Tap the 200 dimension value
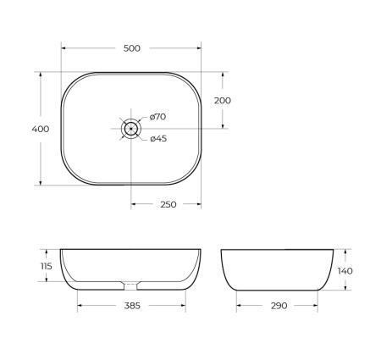(x=223, y=100)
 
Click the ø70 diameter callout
(x=157, y=117)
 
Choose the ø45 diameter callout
(x=157, y=139)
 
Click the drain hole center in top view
(x=131, y=128)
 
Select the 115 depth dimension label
(x=46, y=267)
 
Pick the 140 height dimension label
(x=344, y=270)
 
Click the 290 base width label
(x=279, y=305)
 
